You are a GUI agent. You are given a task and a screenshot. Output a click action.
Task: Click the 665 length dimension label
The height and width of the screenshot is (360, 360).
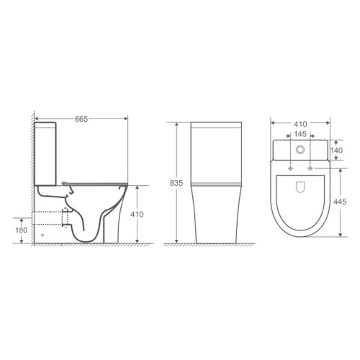click(81, 119)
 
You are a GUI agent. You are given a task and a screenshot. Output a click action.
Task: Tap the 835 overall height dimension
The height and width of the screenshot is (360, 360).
click(176, 183)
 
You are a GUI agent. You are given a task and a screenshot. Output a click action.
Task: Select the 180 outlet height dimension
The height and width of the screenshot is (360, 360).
click(22, 230)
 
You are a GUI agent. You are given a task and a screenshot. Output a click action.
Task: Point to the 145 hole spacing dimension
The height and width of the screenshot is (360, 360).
click(300, 134)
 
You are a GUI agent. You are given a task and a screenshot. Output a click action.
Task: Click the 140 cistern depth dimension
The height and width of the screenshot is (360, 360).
click(336, 150)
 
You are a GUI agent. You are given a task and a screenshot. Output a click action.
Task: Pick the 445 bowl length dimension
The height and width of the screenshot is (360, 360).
click(340, 202)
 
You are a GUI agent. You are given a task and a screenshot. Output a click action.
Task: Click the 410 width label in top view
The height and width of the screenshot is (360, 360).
click(300, 124)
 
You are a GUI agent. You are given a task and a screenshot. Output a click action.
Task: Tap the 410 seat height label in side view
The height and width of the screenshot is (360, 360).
click(137, 215)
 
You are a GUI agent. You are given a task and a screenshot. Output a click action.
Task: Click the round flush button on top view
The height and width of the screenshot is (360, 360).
click(300, 150)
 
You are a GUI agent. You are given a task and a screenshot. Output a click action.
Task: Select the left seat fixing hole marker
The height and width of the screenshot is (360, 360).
click(290, 168)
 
